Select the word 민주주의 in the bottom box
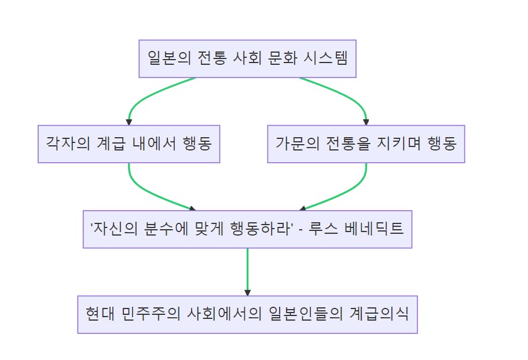point(152,314)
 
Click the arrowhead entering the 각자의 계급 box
point(129,122)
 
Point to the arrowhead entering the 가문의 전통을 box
point(366,122)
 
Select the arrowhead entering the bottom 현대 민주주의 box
point(247,293)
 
